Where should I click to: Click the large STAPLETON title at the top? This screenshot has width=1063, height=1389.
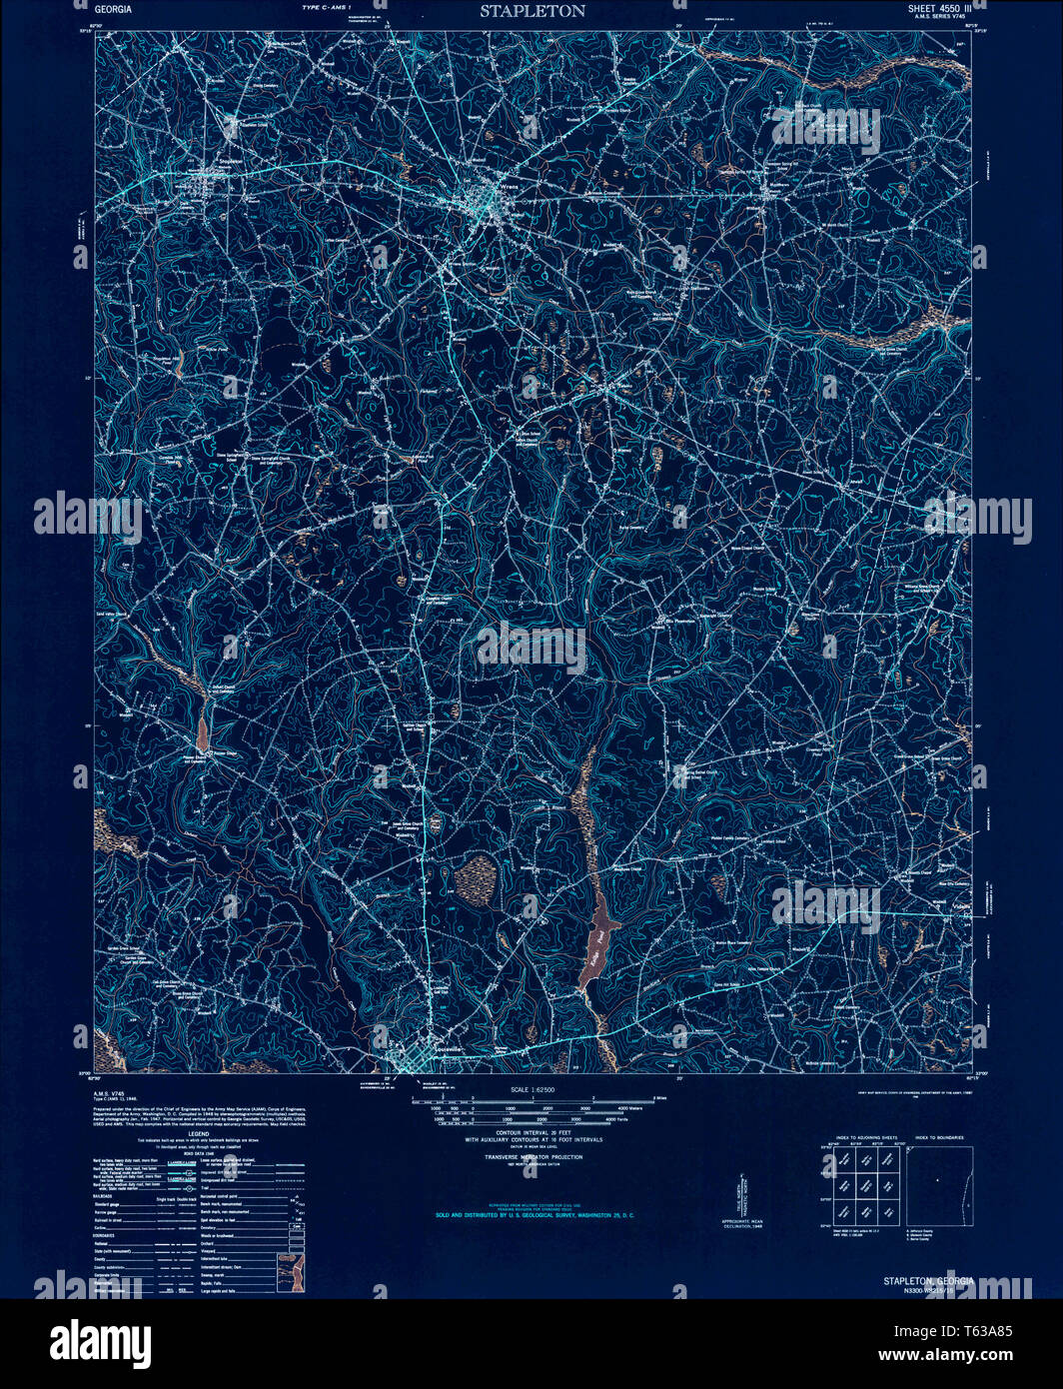click(x=531, y=12)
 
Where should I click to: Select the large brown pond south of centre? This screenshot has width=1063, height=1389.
click(x=599, y=939)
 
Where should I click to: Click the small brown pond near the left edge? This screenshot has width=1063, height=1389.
click(x=203, y=732)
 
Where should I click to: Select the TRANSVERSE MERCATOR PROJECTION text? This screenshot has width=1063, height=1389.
click(x=532, y=1156)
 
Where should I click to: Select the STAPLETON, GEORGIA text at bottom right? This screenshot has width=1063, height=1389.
click(x=927, y=1280)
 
